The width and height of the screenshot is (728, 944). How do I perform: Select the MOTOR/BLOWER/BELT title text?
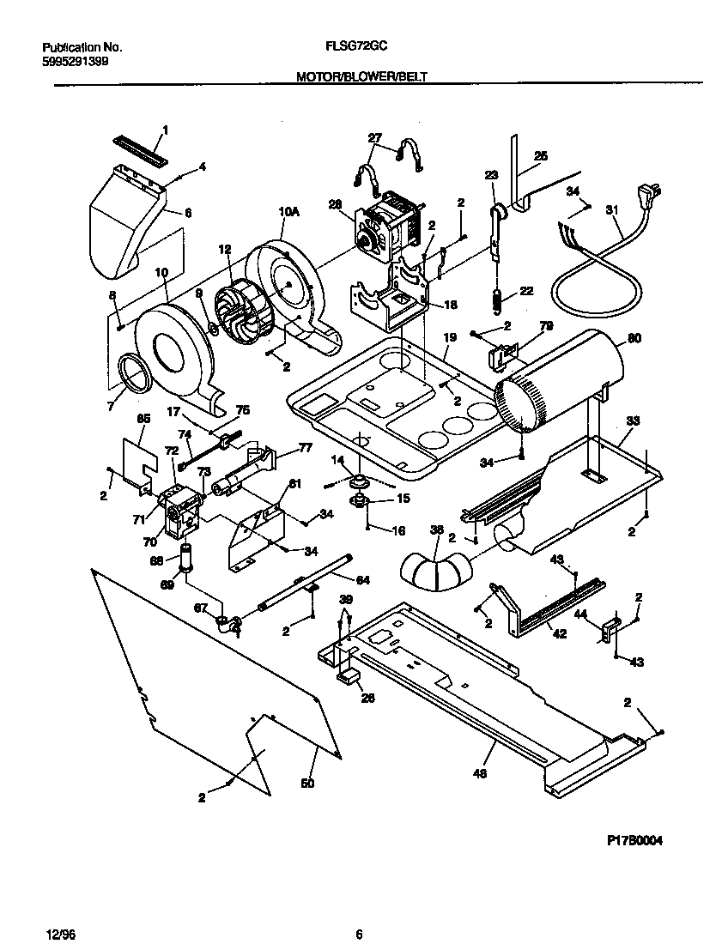pyautogui.click(x=361, y=77)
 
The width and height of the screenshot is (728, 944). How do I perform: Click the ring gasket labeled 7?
pyautogui.click(x=133, y=375)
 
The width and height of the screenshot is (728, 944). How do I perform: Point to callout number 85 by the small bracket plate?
pyautogui.click(x=143, y=419)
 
